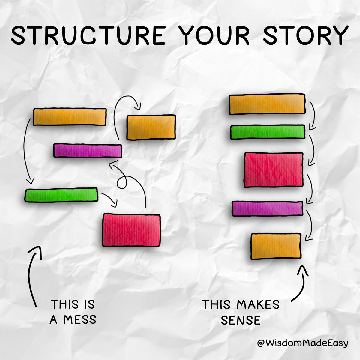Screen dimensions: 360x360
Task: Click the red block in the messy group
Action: [131, 230]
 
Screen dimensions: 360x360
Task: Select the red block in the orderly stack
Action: [274, 170]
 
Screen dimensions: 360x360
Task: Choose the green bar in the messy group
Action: [61, 195]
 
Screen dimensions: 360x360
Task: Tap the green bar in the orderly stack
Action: [268, 132]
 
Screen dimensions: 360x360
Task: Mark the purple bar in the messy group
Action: [88, 151]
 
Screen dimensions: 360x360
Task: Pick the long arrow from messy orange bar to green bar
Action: [25, 153]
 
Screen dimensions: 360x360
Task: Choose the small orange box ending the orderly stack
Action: [276, 246]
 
